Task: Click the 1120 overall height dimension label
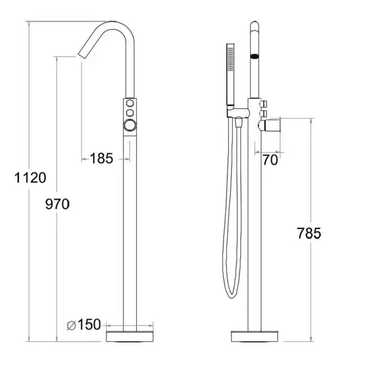pyautogui.click(x=30, y=177)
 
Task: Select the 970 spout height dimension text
pyautogui.click(x=57, y=204)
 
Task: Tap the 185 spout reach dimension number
pyautogui.click(x=101, y=159)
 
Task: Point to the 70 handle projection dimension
pyautogui.click(x=270, y=160)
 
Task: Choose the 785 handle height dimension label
pyautogui.click(x=309, y=233)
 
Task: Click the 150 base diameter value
pyautogui.click(x=89, y=324)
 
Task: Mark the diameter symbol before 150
pyautogui.click(x=71, y=325)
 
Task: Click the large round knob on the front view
pyautogui.click(x=130, y=125)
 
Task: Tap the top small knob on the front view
pyautogui.click(x=129, y=103)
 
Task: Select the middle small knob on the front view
pyautogui.click(x=129, y=113)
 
